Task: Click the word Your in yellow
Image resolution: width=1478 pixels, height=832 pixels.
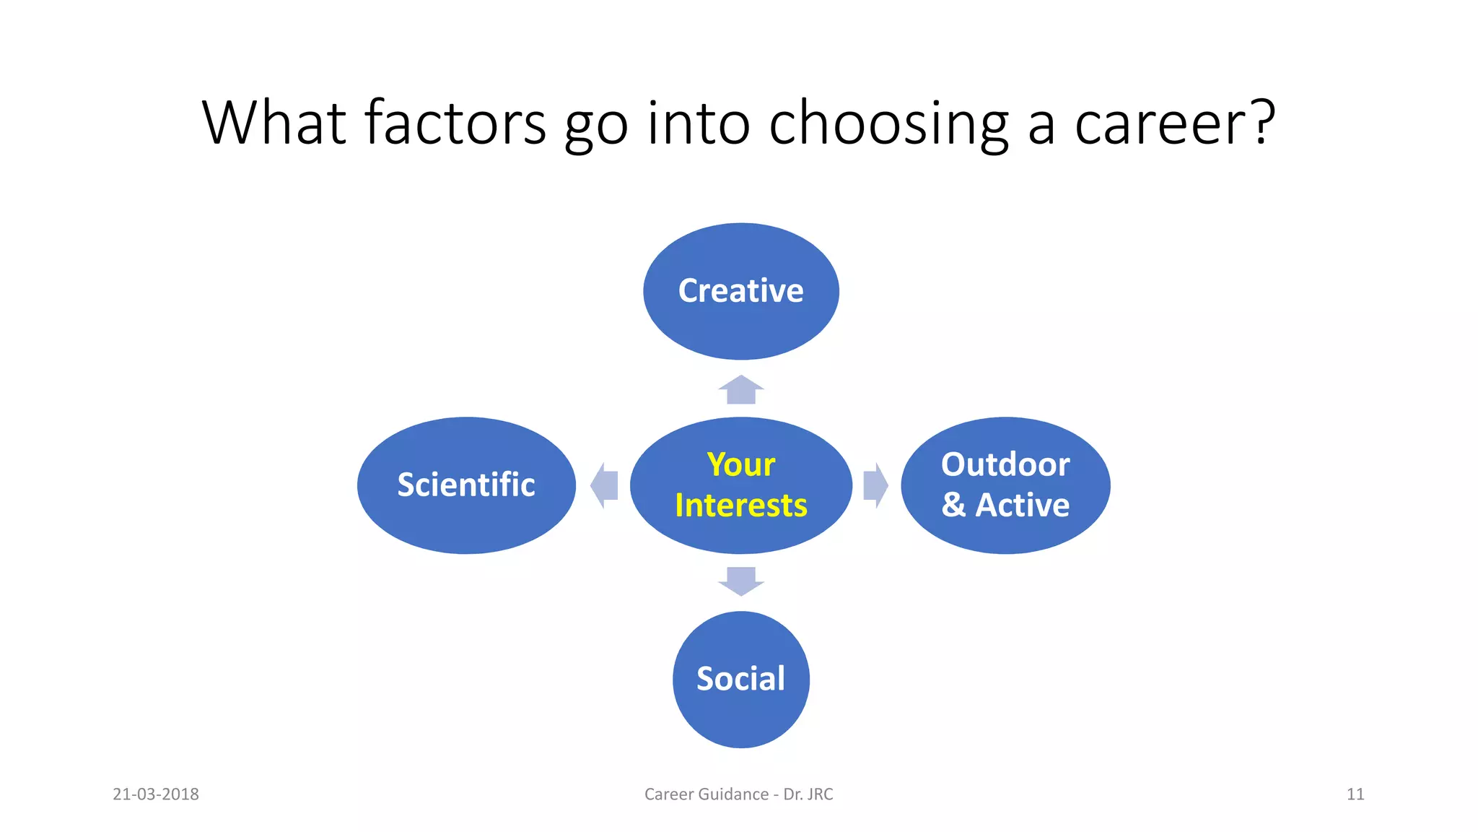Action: [741, 464]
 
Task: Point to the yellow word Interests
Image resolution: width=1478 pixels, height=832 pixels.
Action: [741, 506]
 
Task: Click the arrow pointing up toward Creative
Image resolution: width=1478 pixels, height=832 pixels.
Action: [741, 390]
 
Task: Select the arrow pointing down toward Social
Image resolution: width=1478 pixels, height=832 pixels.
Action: [741, 581]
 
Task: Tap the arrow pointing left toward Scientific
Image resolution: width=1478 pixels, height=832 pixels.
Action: [605, 485]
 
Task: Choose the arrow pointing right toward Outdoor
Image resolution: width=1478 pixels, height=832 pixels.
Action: [875, 485]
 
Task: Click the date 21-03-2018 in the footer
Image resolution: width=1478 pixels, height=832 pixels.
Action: [156, 794]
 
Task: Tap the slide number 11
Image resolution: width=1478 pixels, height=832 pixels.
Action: [1355, 794]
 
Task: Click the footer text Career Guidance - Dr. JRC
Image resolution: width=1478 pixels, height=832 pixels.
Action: [738, 794]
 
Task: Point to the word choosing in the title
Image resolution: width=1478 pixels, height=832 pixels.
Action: [888, 124]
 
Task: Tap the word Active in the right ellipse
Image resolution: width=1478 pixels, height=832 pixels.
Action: [1023, 505]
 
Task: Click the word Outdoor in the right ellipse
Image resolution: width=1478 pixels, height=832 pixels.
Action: [1005, 464]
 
